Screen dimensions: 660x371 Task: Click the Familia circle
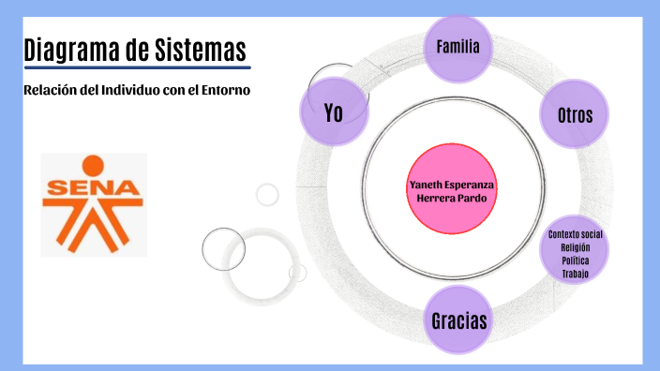click(458, 46)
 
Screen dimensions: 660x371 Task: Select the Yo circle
click(334, 111)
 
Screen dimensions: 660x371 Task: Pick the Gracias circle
click(459, 320)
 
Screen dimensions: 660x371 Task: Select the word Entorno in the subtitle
click(226, 90)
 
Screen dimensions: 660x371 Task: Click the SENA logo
click(94, 204)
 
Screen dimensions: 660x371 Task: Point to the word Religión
click(576, 246)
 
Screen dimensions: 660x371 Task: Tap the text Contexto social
click(576, 233)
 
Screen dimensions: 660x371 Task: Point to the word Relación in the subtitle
click(49, 90)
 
